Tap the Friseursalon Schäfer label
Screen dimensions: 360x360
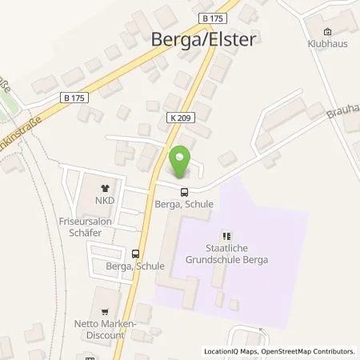tap(91, 223)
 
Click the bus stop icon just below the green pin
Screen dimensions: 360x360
tap(185, 192)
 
